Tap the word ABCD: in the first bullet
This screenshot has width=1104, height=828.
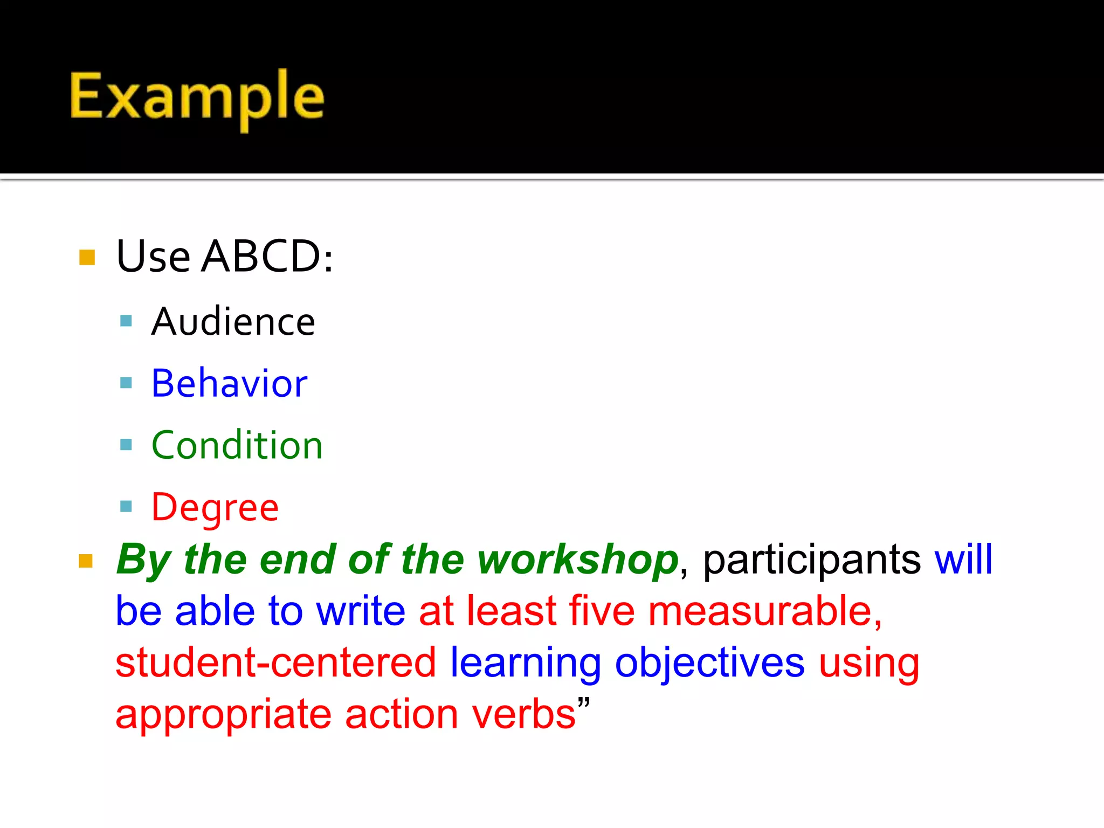(267, 256)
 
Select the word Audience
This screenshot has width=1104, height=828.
(233, 322)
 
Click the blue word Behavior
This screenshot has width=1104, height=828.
(230, 383)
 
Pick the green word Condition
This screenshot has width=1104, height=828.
(237, 445)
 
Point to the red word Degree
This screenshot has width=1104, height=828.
(215, 508)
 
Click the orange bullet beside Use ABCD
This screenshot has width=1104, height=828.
(87, 257)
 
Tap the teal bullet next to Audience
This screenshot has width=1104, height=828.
(126, 322)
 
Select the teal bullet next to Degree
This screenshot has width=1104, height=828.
(126, 507)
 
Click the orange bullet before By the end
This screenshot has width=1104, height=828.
(86, 561)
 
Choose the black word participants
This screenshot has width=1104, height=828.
(812, 561)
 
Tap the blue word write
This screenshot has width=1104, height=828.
(361, 611)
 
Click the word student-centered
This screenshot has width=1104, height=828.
(275, 663)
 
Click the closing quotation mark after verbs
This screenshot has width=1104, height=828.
(584, 702)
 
